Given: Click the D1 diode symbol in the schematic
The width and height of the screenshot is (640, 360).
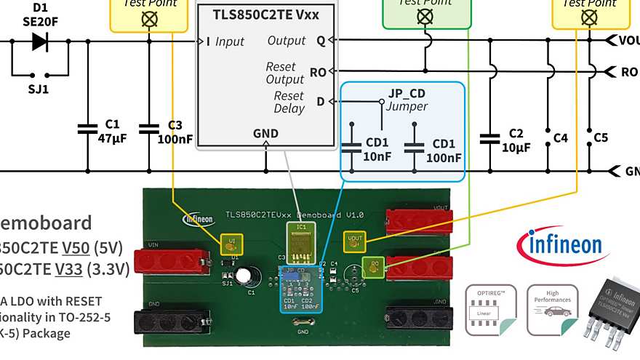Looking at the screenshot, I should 40,41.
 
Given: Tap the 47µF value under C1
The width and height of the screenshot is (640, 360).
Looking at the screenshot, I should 112,138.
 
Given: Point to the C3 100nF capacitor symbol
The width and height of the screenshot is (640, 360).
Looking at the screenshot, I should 149,129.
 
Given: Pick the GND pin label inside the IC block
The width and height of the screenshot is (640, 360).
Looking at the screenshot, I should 265,133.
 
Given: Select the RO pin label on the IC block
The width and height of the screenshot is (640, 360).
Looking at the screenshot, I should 318,72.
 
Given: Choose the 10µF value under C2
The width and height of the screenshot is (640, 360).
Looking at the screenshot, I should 516,147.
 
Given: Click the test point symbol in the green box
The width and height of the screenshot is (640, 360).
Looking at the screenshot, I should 425,16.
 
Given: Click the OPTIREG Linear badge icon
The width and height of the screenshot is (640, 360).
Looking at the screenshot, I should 491,310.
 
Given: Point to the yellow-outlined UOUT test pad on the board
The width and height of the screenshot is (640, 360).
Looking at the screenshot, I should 354,239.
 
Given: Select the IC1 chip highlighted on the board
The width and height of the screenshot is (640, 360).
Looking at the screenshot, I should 299,242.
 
